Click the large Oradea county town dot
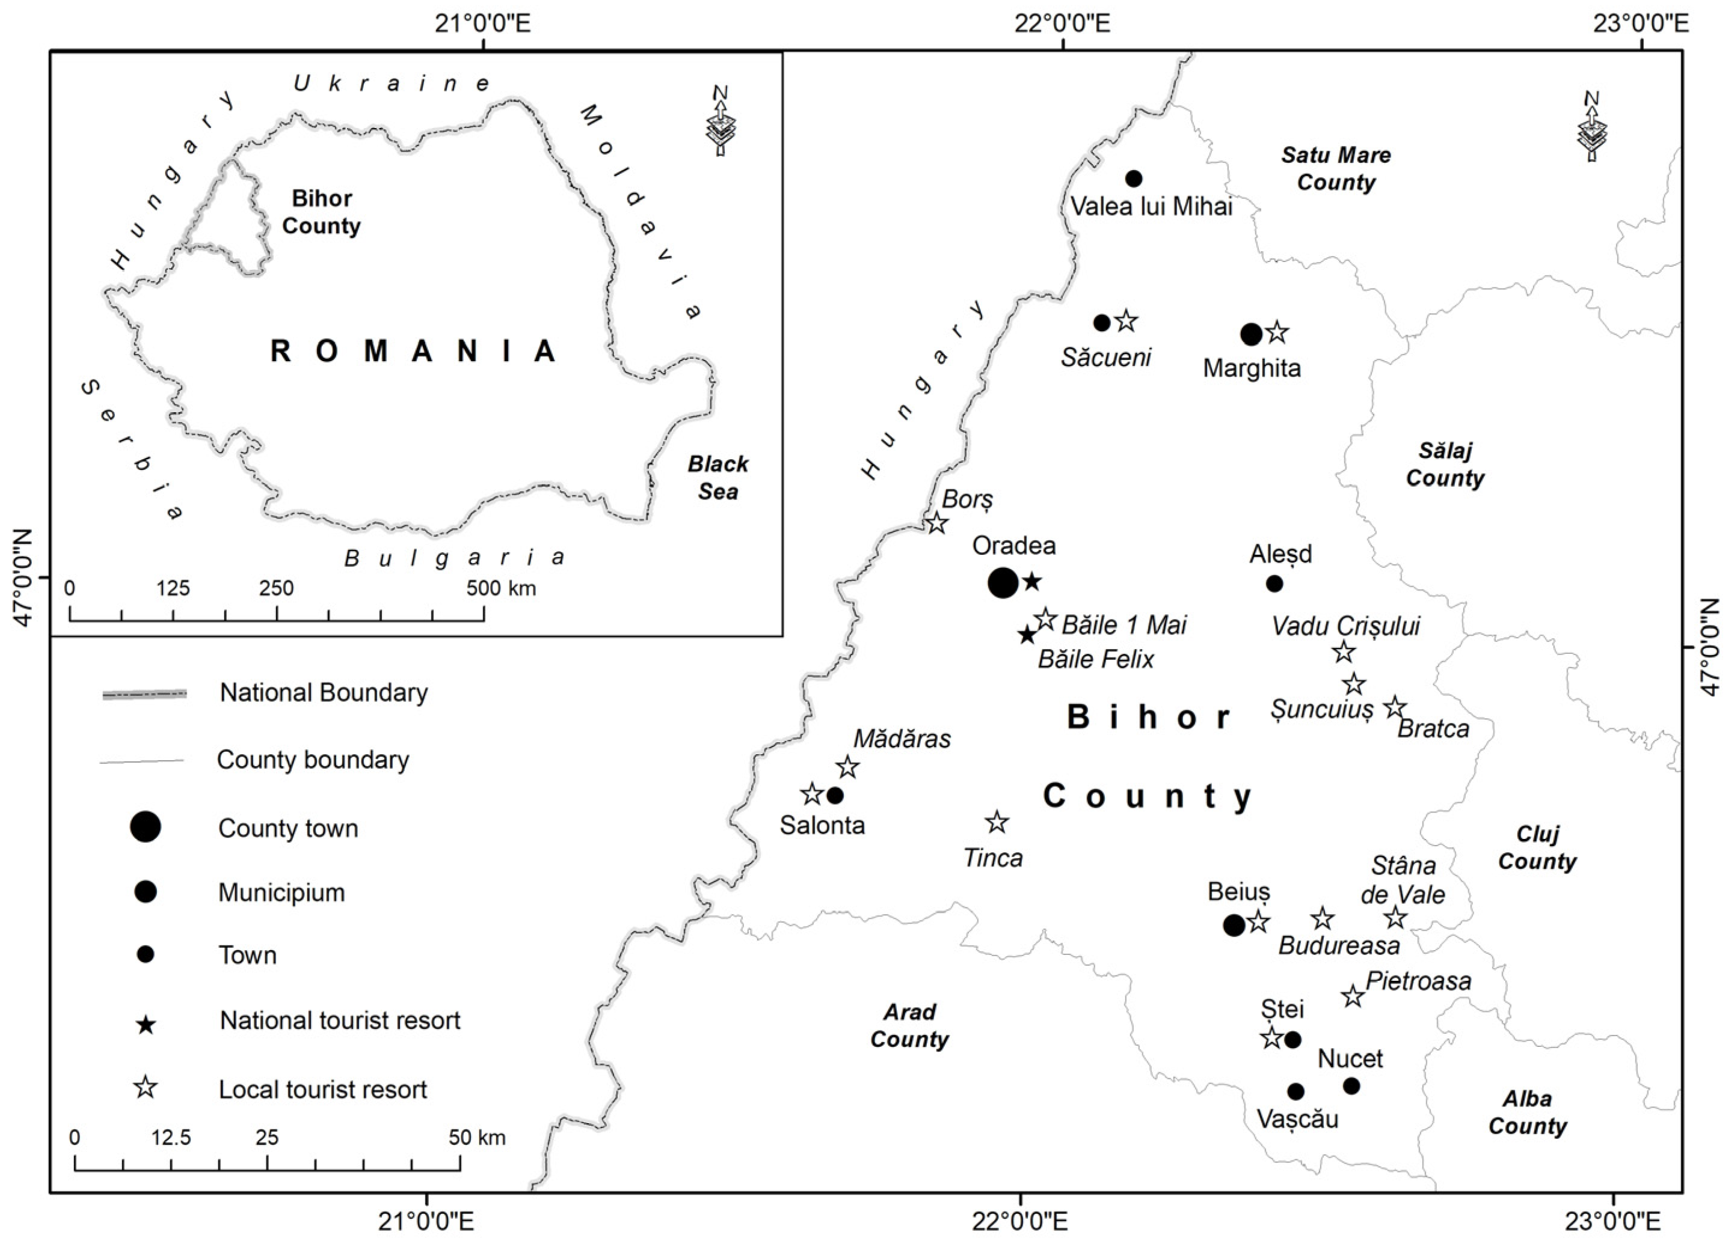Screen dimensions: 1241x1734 [x=1003, y=583]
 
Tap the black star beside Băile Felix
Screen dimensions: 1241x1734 [x=1027, y=635]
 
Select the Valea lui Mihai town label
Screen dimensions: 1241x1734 [x=1151, y=206]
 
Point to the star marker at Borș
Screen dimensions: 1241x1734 [x=937, y=524]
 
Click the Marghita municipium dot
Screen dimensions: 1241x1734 [x=1251, y=334]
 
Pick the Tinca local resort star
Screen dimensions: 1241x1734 [x=996, y=823]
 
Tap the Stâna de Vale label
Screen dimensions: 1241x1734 [x=1403, y=880]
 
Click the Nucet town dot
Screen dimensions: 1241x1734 [x=1351, y=1086]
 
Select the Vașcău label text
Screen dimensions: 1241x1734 [x=1297, y=1120]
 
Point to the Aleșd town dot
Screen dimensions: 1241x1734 [x=1274, y=584]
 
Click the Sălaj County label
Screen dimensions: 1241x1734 [x=1445, y=465]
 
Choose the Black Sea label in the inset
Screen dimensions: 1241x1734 [x=718, y=478]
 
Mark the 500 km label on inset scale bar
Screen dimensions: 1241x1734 [x=502, y=588]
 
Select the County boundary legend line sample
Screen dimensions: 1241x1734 [x=142, y=761]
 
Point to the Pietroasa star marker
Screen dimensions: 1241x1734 [x=1353, y=996]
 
